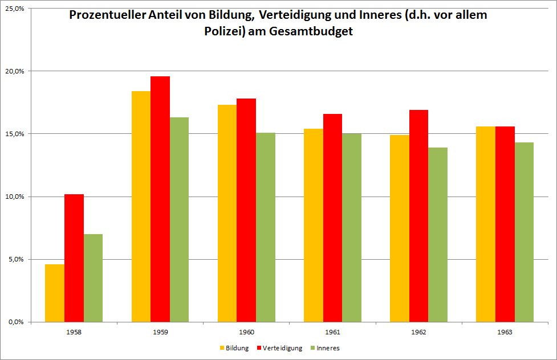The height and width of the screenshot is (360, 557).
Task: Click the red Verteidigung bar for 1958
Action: (74, 258)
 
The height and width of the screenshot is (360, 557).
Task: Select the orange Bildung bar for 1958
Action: (55, 293)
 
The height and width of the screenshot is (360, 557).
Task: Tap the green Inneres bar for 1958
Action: (93, 278)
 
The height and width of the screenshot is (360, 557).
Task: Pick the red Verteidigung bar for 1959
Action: (160, 199)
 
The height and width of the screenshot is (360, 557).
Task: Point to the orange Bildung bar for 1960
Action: (227, 214)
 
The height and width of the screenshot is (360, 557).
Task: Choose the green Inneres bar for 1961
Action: (352, 228)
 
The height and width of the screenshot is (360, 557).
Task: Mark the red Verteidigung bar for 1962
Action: (418, 216)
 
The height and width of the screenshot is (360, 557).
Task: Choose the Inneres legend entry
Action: (327, 348)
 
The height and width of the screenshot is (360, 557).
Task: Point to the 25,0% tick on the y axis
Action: (14, 9)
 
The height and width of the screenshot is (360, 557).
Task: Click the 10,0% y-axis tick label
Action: (14, 197)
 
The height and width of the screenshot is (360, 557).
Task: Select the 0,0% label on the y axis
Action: (15, 322)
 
